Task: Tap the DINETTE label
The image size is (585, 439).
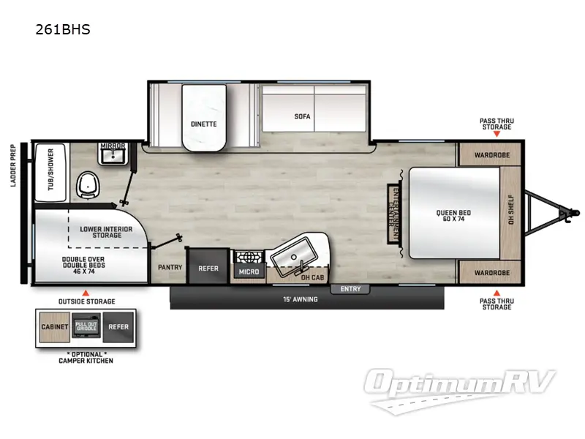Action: click(x=204, y=124)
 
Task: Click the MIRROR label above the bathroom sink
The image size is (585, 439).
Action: click(x=113, y=146)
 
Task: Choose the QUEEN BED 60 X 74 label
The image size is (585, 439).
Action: click(x=454, y=217)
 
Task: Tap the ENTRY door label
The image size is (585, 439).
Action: click(x=350, y=289)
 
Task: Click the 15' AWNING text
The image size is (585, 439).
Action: click(x=301, y=299)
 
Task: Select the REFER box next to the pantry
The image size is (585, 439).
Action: click(x=208, y=268)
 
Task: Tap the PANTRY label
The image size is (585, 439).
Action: click(x=170, y=268)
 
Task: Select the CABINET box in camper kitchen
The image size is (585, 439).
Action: click(x=55, y=327)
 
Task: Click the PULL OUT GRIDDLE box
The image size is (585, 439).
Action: click(x=86, y=327)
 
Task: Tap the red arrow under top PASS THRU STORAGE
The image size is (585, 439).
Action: click(x=496, y=135)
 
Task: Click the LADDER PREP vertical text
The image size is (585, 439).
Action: click(x=13, y=165)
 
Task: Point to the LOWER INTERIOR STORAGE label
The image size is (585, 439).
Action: click(x=106, y=233)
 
